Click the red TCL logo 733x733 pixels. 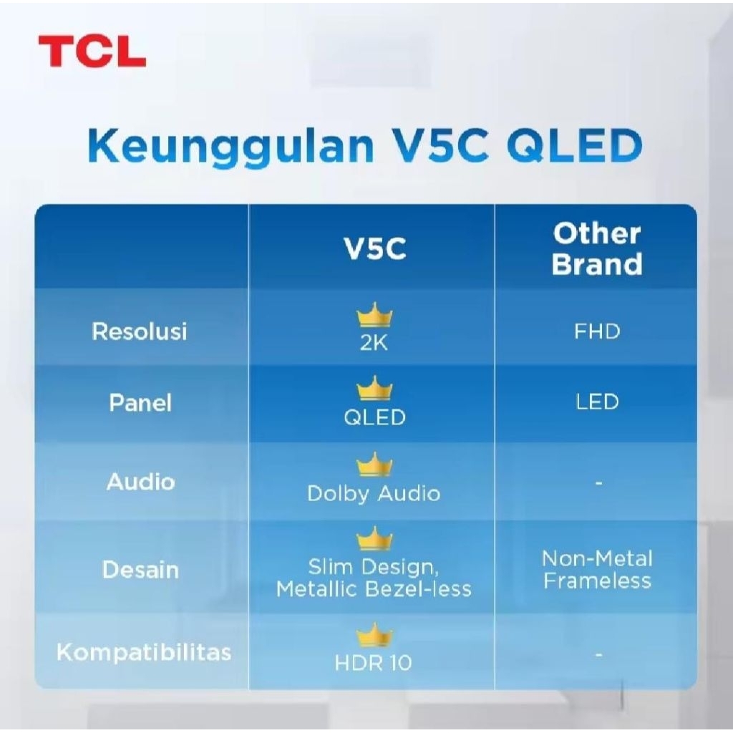tap(92, 51)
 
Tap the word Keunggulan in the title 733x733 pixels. tap(231, 146)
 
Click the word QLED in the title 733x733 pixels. tap(574, 145)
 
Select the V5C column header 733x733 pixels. tap(375, 248)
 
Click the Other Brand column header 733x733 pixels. tap(597, 248)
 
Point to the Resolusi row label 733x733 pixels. tap(140, 331)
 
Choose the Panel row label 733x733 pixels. tap(140, 402)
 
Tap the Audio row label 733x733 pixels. tap(141, 482)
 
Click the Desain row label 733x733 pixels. tap(141, 570)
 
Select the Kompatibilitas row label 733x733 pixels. tap(144, 652)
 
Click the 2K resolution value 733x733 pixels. tap(374, 344)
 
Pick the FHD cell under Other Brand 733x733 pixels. tap(597, 331)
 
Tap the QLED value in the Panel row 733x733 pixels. tap(374, 417)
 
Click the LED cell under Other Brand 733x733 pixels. tap(597, 402)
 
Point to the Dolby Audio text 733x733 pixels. tap(374, 494)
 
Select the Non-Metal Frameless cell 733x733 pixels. tap(597, 570)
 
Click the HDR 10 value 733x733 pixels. tap(373, 662)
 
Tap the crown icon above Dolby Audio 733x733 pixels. tap(374, 465)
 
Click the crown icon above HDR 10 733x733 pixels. tap(374, 635)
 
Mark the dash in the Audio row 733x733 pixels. tap(598, 482)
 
